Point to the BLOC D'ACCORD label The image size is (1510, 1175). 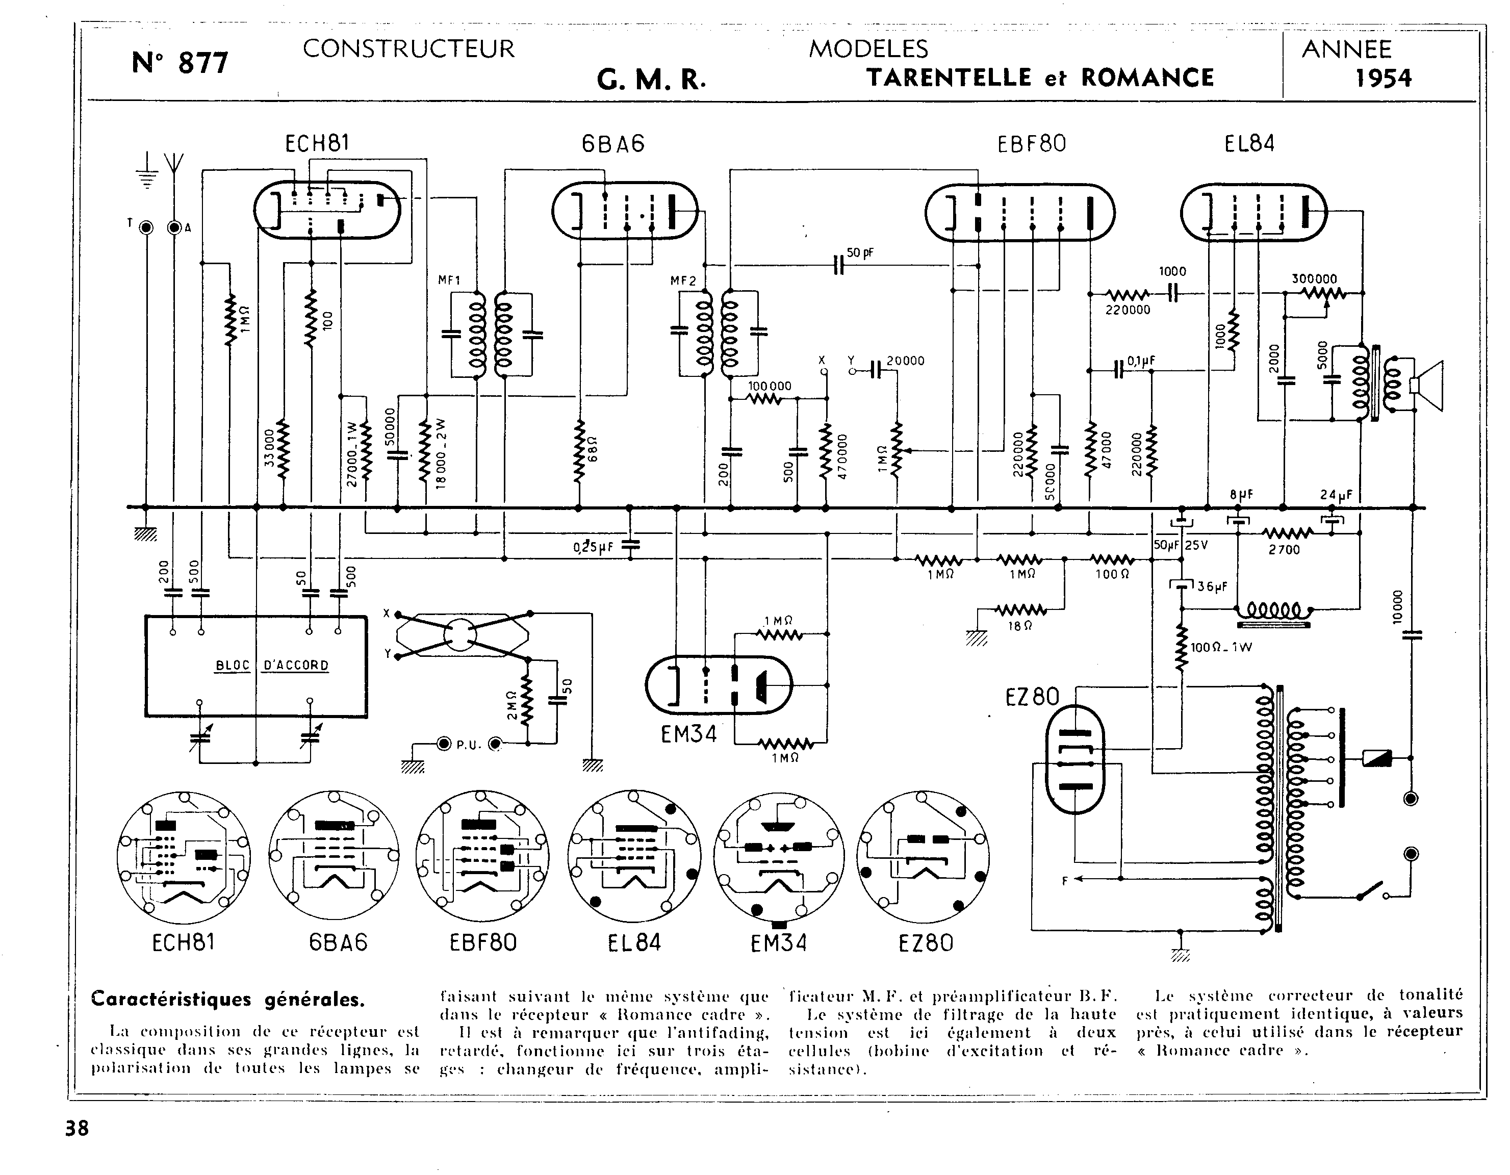tap(272, 666)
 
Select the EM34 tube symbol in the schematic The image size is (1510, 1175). tap(719, 685)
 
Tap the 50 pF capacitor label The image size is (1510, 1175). tap(860, 253)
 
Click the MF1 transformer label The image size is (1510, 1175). tap(449, 280)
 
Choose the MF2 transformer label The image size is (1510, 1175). tap(683, 281)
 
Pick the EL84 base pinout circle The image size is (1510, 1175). tap(634, 858)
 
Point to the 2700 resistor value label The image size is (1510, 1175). tap(1284, 550)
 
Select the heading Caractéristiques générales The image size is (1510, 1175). tap(228, 1000)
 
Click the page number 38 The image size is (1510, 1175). tap(76, 1129)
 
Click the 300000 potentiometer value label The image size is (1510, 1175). tap(1314, 279)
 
